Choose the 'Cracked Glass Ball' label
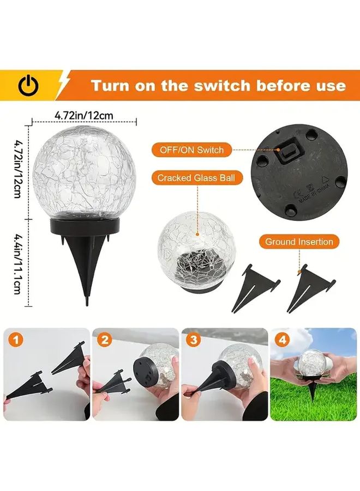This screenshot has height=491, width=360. click(x=191, y=177)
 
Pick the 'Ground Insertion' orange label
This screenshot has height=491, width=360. click(x=299, y=241)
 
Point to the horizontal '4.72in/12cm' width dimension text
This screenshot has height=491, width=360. click(x=84, y=115)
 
